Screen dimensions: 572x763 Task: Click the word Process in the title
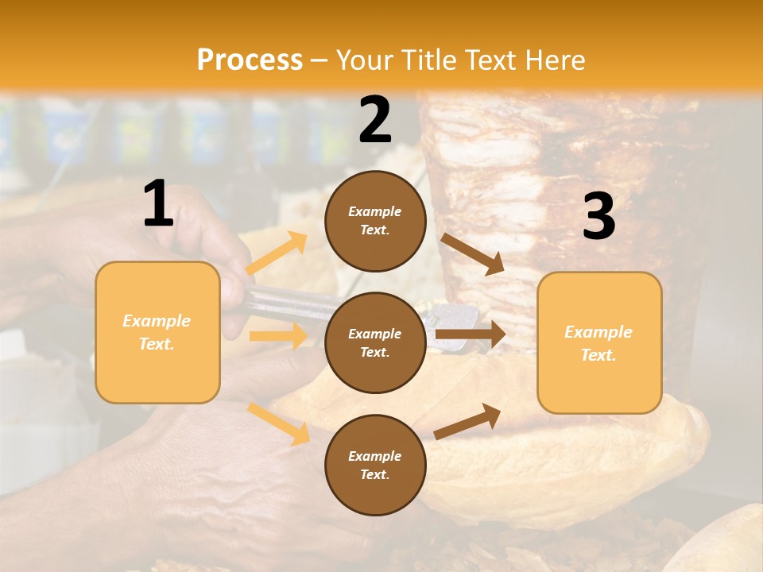pyautogui.click(x=250, y=60)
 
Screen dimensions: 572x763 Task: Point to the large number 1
pyautogui.click(x=158, y=204)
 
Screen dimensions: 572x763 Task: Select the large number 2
pyautogui.click(x=375, y=120)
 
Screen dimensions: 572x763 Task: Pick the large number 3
pyautogui.click(x=599, y=216)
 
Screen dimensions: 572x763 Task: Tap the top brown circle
pyautogui.click(x=376, y=221)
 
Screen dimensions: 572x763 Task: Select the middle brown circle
pyautogui.click(x=376, y=343)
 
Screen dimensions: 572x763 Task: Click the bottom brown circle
pyautogui.click(x=376, y=466)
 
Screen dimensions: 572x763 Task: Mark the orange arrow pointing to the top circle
pyautogui.click(x=277, y=253)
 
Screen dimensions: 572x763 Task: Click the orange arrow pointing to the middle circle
pyautogui.click(x=278, y=336)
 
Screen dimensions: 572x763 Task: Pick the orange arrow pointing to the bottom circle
pyautogui.click(x=279, y=423)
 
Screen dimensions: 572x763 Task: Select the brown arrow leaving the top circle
pyautogui.click(x=472, y=253)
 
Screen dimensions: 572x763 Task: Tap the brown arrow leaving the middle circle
pyautogui.click(x=470, y=334)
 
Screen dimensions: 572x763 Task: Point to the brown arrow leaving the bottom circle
pyautogui.click(x=467, y=422)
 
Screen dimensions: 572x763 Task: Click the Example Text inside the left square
pyautogui.click(x=157, y=333)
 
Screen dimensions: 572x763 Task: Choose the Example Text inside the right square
pyautogui.click(x=599, y=343)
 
